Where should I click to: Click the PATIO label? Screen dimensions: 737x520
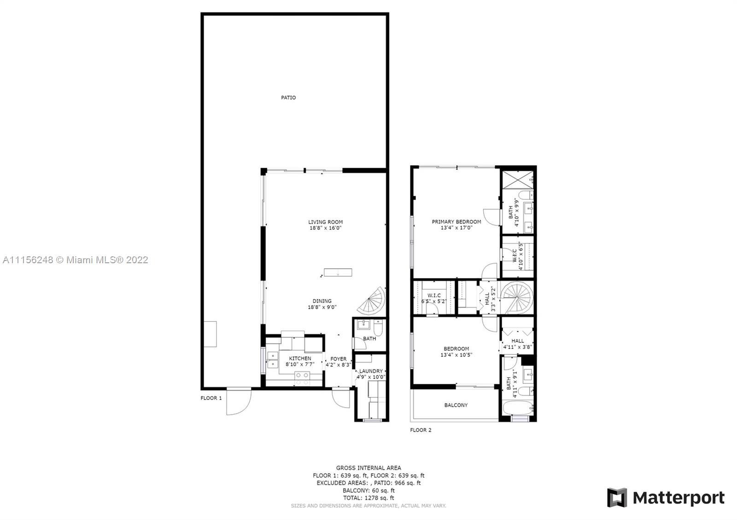pyautogui.click(x=288, y=98)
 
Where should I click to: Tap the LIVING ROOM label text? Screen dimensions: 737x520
pyautogui.click(x=325, y=222)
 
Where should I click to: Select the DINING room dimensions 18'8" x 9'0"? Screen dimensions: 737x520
pyautogui.click(x=322, y=307)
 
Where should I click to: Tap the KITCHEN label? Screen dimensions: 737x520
pyautogui.click(x=300, y=358)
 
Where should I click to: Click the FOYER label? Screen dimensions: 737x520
pyautogui.click(x=339, y=359)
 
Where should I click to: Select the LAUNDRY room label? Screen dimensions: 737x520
pyautogui.click(x=371, y=371)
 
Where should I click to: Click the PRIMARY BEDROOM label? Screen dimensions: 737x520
pyautogui.click(x=456, y=222)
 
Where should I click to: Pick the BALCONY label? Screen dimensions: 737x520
pyautogui.click(x=456, y=405)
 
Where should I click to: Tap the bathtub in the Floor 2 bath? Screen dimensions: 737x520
pyautogui.click(x=518, y=408)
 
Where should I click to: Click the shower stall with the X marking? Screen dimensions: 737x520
pyautogui.click(x=517, y=179)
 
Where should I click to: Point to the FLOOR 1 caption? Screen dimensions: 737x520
pyautogui.click(x=211, y=398)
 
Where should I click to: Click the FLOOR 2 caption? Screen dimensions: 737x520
pyautogui.click(x=421, y=430)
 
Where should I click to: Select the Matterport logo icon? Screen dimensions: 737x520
pyautogui.click(x=617, y=497)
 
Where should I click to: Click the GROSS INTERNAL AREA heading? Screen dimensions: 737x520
pyautogui.click(x=368, y=468)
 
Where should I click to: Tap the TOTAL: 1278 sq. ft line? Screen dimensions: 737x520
pyautogui.click(x=368, y=498)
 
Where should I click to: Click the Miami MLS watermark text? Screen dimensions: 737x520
pyautogui.click(x=76, y=260)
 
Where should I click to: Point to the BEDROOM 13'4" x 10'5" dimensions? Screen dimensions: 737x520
pyautogui.click(x=456, y=355)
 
